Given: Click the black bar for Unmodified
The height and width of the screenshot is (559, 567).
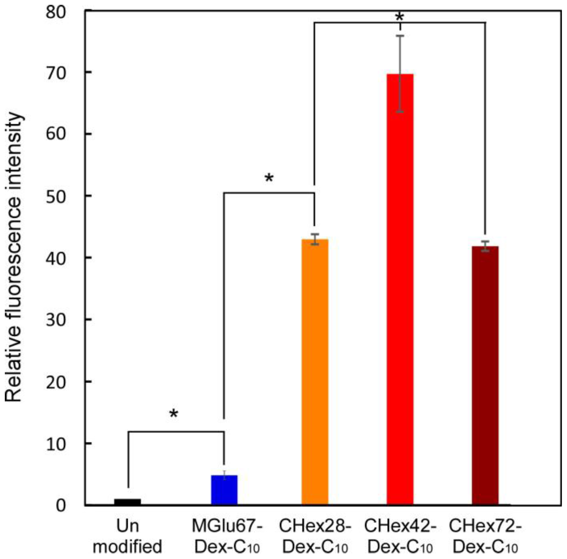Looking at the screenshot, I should (x=127, y=502).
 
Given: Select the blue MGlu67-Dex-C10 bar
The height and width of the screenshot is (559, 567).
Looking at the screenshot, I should (x=224, y=490).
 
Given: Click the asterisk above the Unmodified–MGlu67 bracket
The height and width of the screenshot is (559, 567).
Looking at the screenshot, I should (x=174, y=414).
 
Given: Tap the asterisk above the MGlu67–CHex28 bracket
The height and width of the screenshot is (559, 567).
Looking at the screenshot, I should (x=269, y=178).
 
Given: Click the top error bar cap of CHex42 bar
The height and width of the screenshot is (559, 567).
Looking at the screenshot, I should (x=400, y=36).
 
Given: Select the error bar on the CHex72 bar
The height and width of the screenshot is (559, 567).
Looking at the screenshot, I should (x=485, y=246).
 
